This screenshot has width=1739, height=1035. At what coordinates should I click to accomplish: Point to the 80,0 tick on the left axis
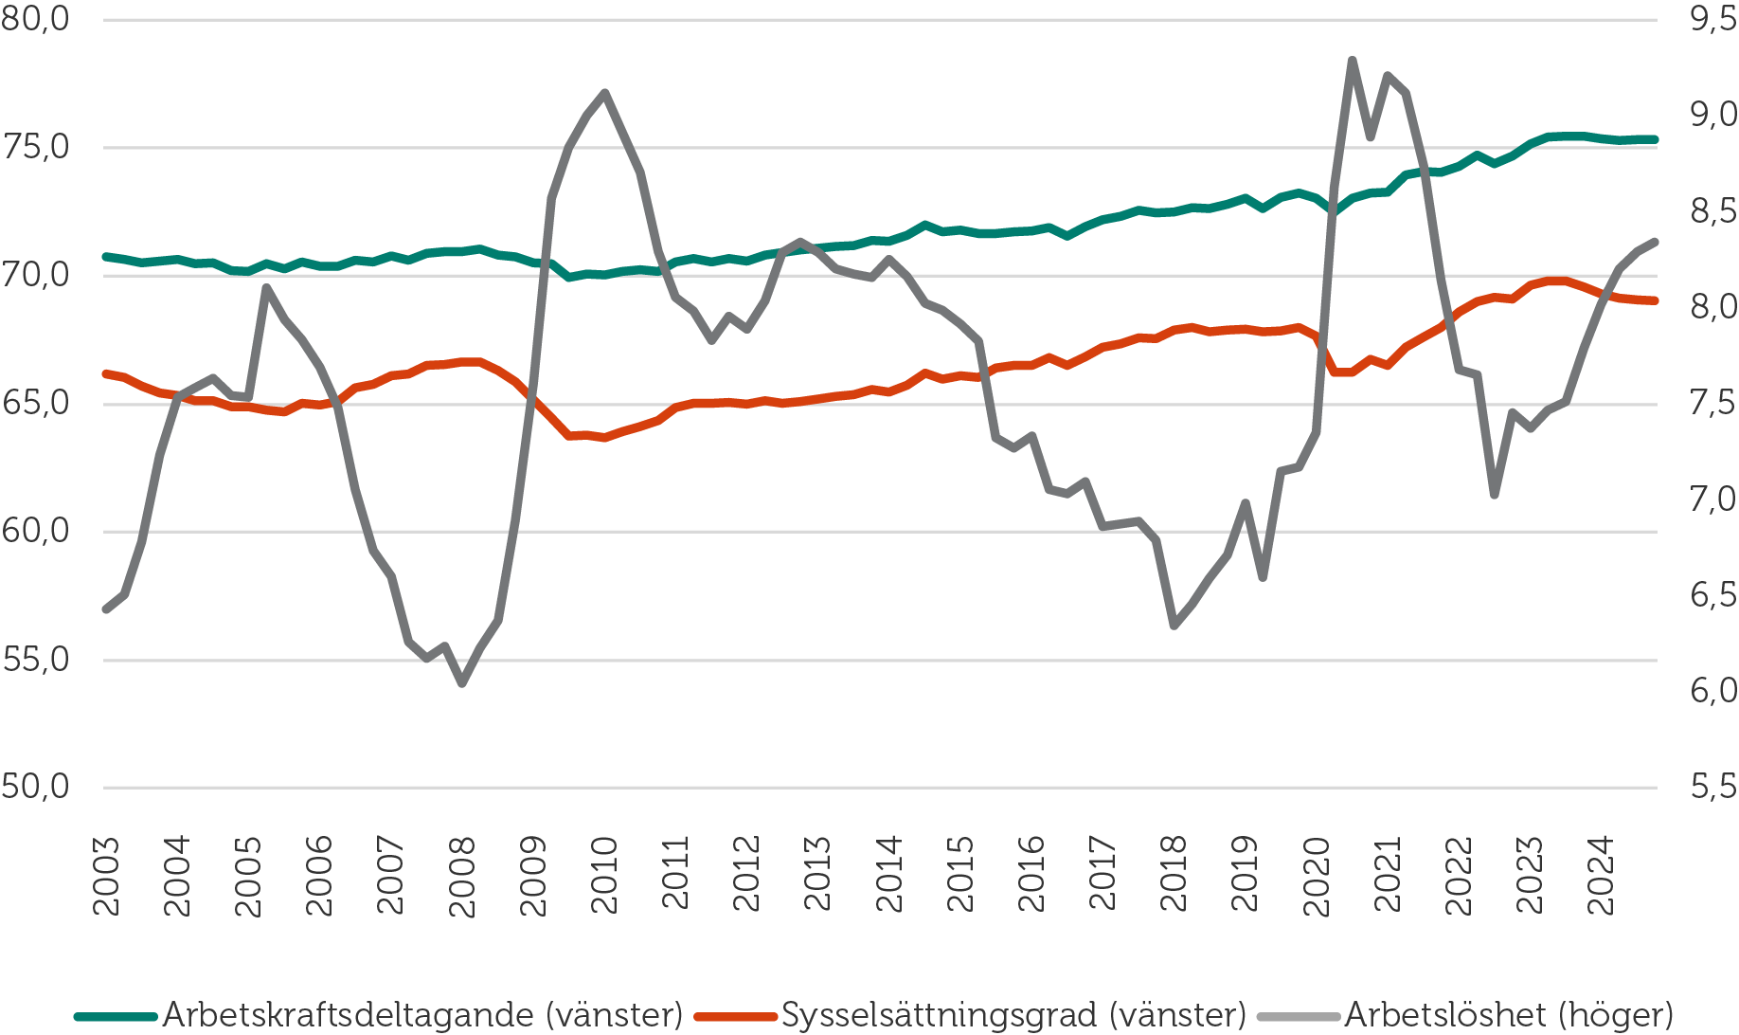(36, 19)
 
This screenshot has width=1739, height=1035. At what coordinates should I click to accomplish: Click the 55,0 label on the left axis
(36, 660)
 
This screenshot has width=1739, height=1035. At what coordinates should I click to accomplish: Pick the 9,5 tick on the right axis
(1713, 19)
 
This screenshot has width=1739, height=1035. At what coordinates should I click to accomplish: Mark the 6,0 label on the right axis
(1713, 691)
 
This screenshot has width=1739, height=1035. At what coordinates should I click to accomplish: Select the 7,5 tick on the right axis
(1713, 403)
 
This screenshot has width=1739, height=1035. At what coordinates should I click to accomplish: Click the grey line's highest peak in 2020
(1353, 60)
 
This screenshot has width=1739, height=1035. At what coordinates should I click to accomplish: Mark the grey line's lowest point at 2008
(462, 683)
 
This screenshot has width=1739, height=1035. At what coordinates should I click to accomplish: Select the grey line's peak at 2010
(604, 92)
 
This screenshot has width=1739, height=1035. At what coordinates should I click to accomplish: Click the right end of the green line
(1655, 139)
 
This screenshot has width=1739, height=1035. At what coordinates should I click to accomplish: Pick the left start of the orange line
(106, 373)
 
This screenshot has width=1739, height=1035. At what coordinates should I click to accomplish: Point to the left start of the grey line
(106, 609)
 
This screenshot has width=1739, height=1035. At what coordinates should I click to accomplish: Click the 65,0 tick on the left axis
(36, 404)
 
